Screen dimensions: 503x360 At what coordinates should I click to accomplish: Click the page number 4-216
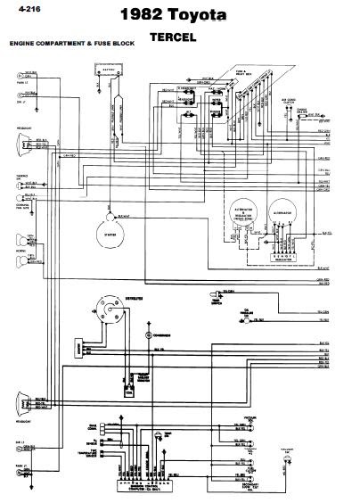tap(19, 11)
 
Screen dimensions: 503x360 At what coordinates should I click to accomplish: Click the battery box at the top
tap(114, 80)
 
